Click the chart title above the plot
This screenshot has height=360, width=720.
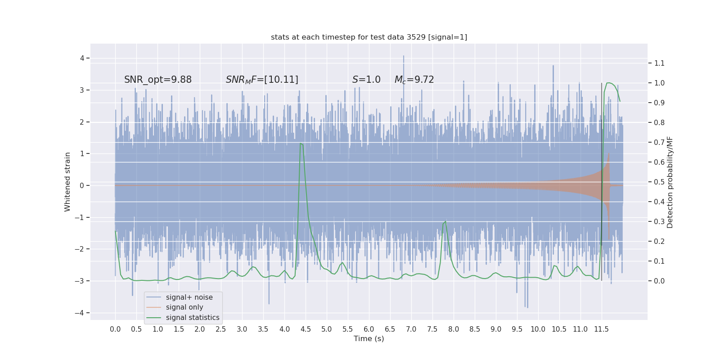tap(369, 37)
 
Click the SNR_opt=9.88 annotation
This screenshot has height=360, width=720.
tap(158, 80)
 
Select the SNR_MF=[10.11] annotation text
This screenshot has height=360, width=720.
tap(262, 80)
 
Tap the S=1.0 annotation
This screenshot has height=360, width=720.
tap(366, 80)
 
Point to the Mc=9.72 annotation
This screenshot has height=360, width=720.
tap(414, 80)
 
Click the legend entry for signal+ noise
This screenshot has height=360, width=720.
tap(189, 297)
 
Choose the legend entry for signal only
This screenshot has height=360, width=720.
tap(184, 307)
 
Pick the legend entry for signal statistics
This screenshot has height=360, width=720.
tap(193, 318)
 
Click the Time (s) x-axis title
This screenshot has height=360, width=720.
tap(369, 338)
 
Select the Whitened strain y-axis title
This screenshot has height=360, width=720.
tap(67, 182)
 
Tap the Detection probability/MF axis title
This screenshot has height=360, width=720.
tap(670, 182)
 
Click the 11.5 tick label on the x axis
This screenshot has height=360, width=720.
tap(601, 329)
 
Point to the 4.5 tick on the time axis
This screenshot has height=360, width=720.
tap(306, 329)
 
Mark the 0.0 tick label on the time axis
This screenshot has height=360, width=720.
tap(115, 329)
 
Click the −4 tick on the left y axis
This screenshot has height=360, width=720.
tap(81, 313)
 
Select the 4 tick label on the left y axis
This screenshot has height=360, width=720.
tap(82, 58)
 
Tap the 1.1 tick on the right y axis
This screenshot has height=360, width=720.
tap(659, 63)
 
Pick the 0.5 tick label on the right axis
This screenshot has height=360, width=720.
tap(659, 182)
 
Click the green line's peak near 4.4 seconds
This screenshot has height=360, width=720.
tap(301, 144)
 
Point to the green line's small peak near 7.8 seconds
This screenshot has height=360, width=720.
tap(445, 221)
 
